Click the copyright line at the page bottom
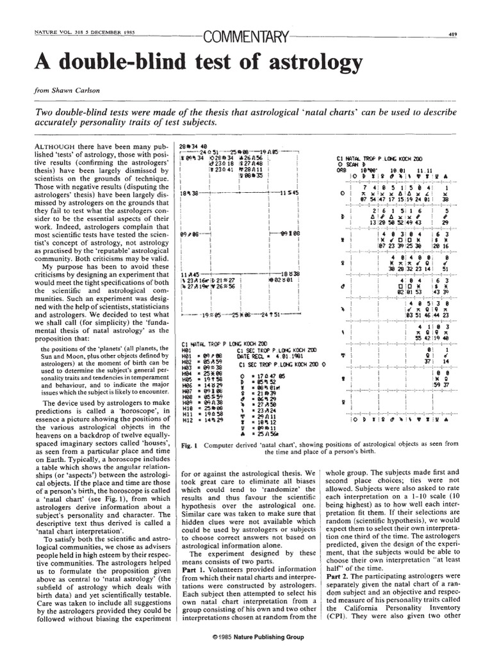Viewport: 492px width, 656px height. [x=246, y=638]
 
